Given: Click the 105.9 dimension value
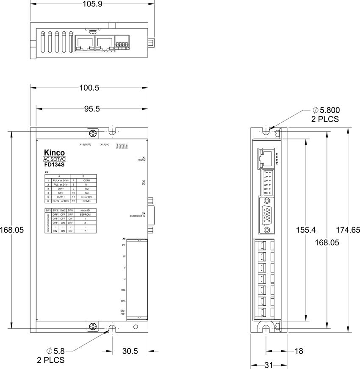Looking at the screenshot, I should point(92,4).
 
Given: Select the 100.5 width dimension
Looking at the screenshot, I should point(89,88).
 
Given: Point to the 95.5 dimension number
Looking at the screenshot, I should point(91,109).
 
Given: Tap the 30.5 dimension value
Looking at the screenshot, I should point(130,351).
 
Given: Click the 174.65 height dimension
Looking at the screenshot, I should point(348,230).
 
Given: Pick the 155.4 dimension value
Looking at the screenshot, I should point(305,230).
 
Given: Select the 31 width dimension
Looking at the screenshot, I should point(269,365).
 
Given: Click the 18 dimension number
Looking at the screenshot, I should point(299,351).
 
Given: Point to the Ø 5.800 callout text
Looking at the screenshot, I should point(325,111).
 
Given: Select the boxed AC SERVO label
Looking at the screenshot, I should point(54,159).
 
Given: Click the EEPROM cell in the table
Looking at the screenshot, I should point(85,214).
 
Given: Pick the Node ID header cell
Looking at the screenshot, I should point(85,210).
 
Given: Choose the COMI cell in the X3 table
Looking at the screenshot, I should point(86,180).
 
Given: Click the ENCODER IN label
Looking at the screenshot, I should point(138,216).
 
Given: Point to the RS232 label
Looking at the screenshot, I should point(141,160).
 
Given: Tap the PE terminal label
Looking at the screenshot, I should point(124,245).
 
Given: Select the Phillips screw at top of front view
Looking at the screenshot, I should point(93,133).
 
